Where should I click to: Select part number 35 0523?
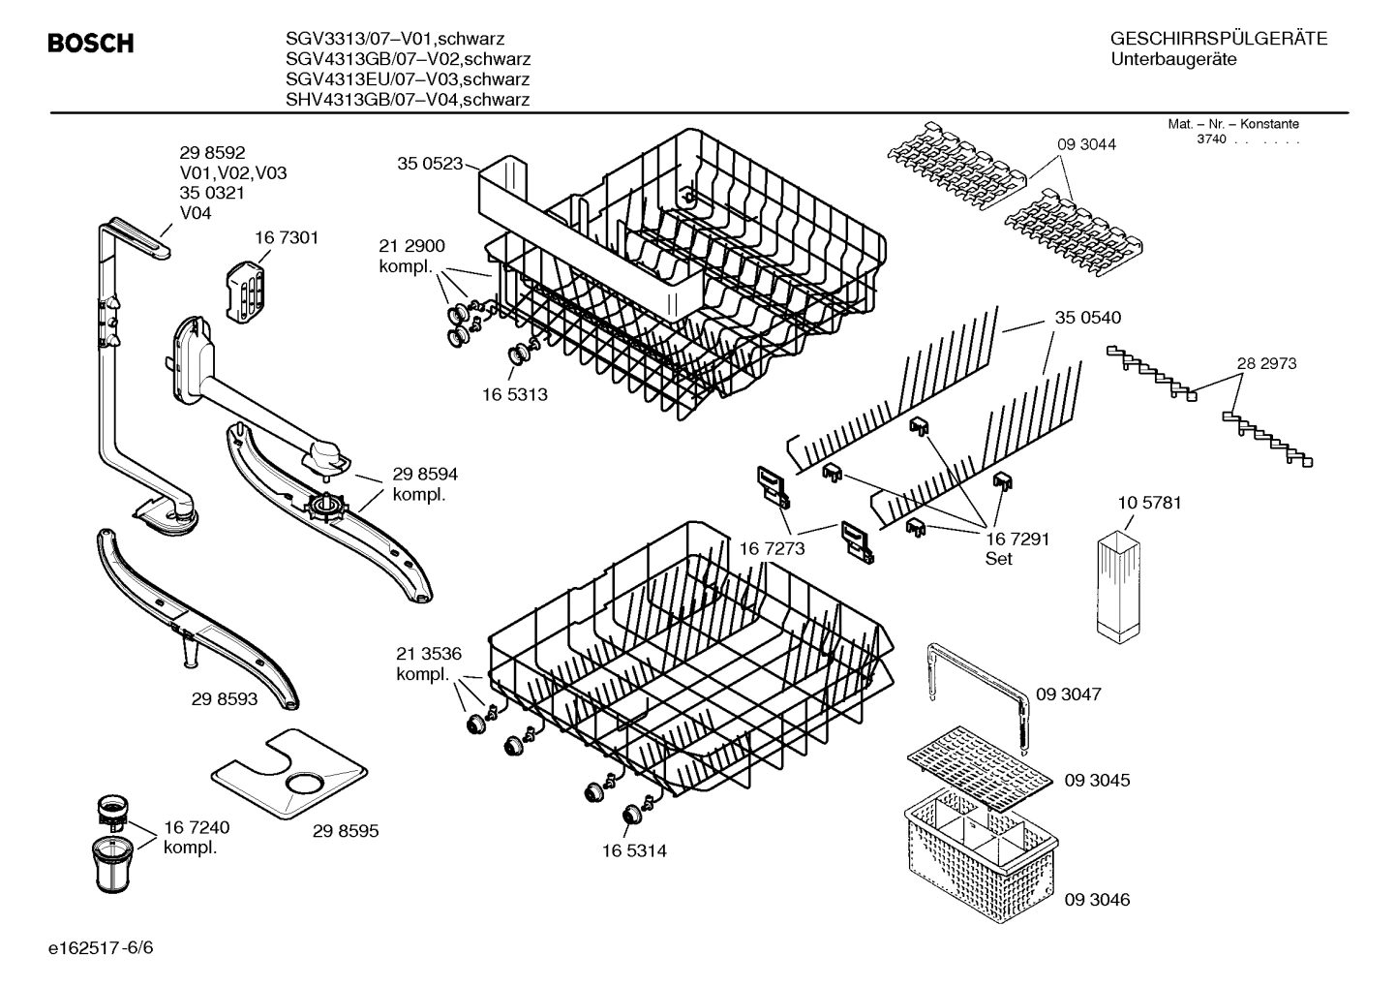pos(430,164)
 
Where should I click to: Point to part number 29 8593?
pos(225,698)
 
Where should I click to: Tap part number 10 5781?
pos(1149,503)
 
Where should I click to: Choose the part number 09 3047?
pos(1069,694)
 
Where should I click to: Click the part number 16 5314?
pos(634,850)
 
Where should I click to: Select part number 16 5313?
pos(515,394)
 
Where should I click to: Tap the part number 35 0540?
pos(1088,318)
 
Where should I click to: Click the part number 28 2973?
pos(1266,363)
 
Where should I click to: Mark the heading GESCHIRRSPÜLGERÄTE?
pos(1219,39)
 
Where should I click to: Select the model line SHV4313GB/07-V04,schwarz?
pos(408,100)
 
